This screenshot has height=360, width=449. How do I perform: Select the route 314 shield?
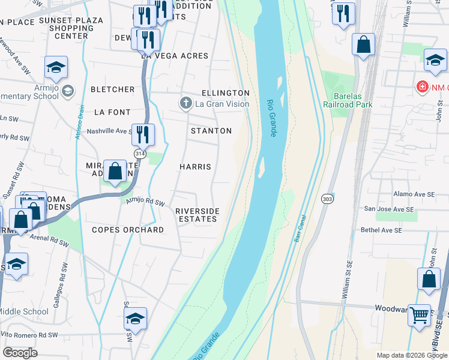coord(140,154)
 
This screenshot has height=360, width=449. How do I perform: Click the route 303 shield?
coord(327,199)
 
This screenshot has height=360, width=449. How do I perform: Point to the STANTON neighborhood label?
coord(211,131)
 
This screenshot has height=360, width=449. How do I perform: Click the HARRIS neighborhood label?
coord(195,166)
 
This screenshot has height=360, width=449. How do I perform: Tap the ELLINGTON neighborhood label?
coord(225,93)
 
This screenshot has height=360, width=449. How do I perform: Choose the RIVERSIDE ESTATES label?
coord(196,215)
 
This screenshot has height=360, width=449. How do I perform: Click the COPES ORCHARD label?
coord(127,230)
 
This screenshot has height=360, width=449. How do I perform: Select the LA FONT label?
coord(112,112)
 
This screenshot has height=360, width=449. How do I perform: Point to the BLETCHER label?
coord(112,89)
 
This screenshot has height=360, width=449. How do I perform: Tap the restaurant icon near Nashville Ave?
coord(143,134)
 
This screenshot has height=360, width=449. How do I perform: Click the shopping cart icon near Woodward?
coord(420,314)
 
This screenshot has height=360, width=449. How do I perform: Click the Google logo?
coord(20,353)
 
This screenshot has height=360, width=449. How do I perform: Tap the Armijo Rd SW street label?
coord(145,202)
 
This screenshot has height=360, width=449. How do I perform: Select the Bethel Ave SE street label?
coord(388,229)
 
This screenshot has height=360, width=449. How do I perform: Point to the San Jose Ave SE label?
coord(390,209)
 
